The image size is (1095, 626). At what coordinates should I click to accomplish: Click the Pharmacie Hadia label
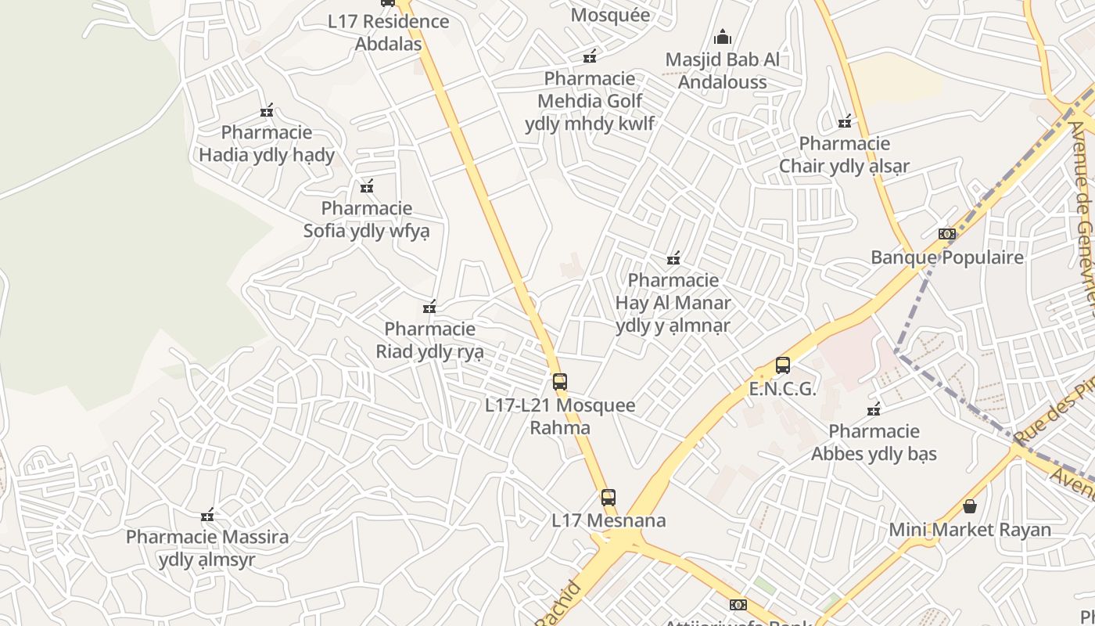pos(267,144)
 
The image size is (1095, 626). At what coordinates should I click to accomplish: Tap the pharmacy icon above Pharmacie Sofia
pos(367,186)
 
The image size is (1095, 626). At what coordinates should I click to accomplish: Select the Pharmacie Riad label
pos(429,340)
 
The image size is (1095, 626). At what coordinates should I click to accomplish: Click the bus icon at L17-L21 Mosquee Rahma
pos(560,382)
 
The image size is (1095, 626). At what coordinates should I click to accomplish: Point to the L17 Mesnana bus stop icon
pos(609,497)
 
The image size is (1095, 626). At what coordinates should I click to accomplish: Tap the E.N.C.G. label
pos(782,389)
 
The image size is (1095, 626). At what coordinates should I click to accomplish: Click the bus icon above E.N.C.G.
pos(783,365)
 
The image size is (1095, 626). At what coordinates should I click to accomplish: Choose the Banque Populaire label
pos(947,257)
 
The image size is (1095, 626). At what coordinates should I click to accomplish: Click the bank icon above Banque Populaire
pos(947,234)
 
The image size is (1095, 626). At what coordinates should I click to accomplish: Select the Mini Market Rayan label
pos(970,530)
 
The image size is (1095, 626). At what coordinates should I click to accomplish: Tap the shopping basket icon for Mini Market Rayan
pos(970,506)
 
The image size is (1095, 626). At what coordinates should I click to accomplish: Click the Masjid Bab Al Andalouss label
pos(723,70)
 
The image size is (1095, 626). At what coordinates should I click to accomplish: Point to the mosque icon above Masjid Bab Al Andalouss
pos(723,37)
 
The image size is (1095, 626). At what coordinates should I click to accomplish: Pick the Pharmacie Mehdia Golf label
pos(591,101)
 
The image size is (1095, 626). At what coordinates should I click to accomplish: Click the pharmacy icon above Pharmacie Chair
pos(845,121)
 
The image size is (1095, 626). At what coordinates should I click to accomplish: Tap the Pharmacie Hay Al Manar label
pos(673,303)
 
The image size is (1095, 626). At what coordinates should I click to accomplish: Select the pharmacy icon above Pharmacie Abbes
pos(874,409)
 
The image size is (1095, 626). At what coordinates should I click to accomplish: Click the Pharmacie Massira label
pos(207,548)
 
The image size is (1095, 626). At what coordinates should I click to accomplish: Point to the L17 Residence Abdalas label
pos(389,32)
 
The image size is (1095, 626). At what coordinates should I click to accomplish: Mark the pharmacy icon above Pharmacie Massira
pos(207,515)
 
